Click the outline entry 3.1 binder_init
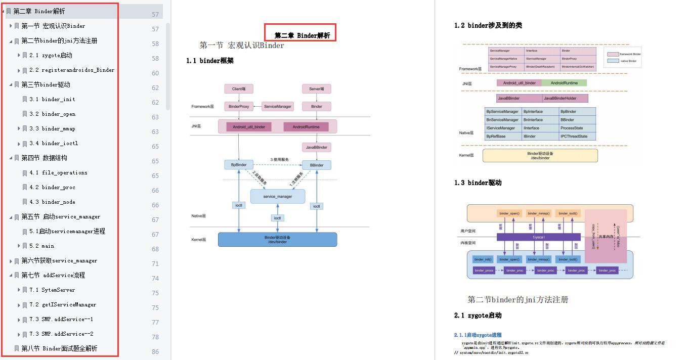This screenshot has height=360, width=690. coord(52,99)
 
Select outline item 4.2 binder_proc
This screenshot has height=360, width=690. coord(52,187)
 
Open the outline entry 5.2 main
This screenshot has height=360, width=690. coord(41,246)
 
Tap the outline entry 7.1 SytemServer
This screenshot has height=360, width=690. coord(52,290)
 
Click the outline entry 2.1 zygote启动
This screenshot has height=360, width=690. coord(51,55)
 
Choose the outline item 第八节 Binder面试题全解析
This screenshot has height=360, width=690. coord(59,348)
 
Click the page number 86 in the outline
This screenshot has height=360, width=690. coord(155,351)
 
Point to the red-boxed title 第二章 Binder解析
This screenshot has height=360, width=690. coord(302,35)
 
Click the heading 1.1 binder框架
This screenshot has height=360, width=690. coord(210,61)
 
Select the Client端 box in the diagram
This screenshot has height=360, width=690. coord(239,89)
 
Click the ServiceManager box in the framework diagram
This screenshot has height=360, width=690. coord(277,107)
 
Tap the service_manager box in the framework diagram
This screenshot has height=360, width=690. coord(278,196)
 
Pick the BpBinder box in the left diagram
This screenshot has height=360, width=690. coord(239,165)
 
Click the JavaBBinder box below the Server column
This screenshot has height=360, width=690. coord(317,147)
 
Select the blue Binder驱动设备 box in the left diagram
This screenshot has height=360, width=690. coord(277,240)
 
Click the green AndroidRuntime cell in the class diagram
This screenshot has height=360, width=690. coord(564,83)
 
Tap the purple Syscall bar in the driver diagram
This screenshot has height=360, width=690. coord(538,237)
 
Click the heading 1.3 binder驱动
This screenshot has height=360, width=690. coord(478,183)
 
